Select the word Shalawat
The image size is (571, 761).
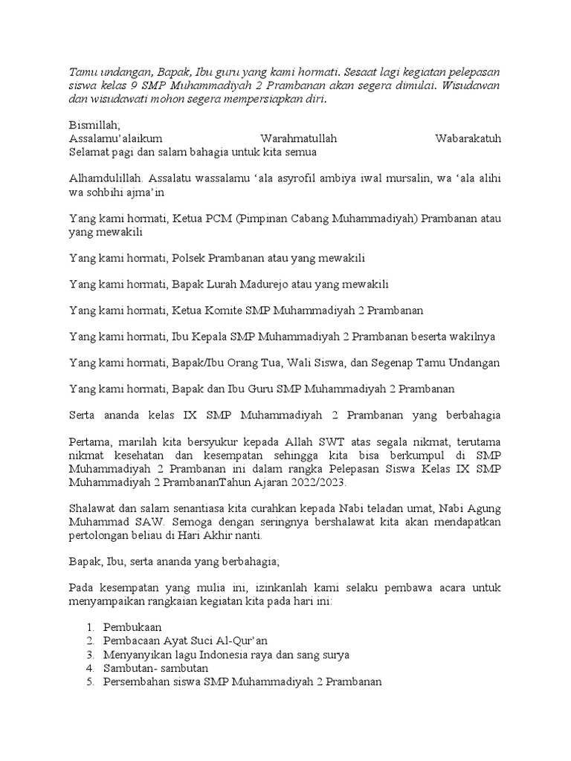(x=94, y=509)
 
